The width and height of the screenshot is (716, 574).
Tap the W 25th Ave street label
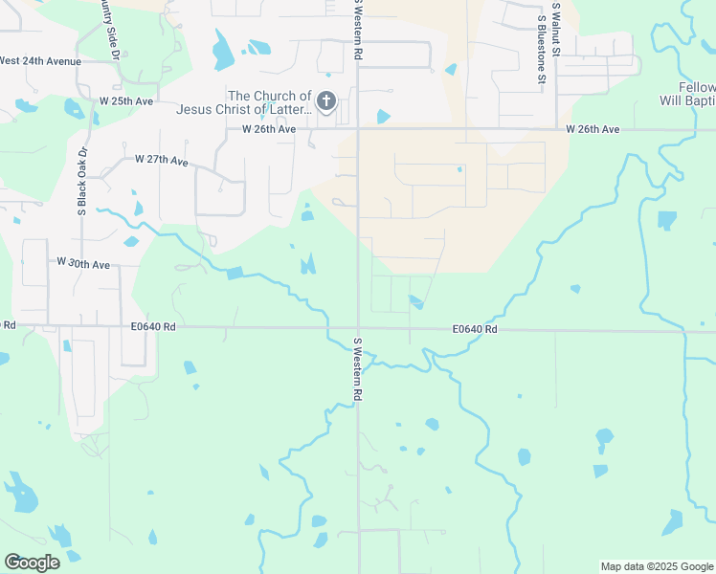[x=126, y=100]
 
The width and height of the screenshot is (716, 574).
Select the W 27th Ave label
[x=162, y=160]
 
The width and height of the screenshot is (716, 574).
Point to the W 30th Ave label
[x=83, y=262]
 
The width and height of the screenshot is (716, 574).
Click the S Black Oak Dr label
[x=82, y=181]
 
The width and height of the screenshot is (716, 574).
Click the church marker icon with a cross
[x=326, y=100]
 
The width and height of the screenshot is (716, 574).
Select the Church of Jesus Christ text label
[x=270, y=102]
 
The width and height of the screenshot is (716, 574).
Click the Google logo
[x=32, y=562]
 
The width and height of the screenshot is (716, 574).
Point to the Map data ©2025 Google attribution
[x=656, y=566]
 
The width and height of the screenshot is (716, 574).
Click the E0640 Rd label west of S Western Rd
[x=154, y=326]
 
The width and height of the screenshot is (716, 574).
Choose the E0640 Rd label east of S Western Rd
[x=475, y=329]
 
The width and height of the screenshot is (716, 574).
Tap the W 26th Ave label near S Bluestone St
[x=593, y=129]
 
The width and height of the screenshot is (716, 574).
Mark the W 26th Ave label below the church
[x=268, y=129]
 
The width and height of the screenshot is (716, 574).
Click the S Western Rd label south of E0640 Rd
[x=357, y=369]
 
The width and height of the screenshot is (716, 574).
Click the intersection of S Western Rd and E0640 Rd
[x=358, y=328]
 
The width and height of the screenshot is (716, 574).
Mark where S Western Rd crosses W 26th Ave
[x=357, y=128]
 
